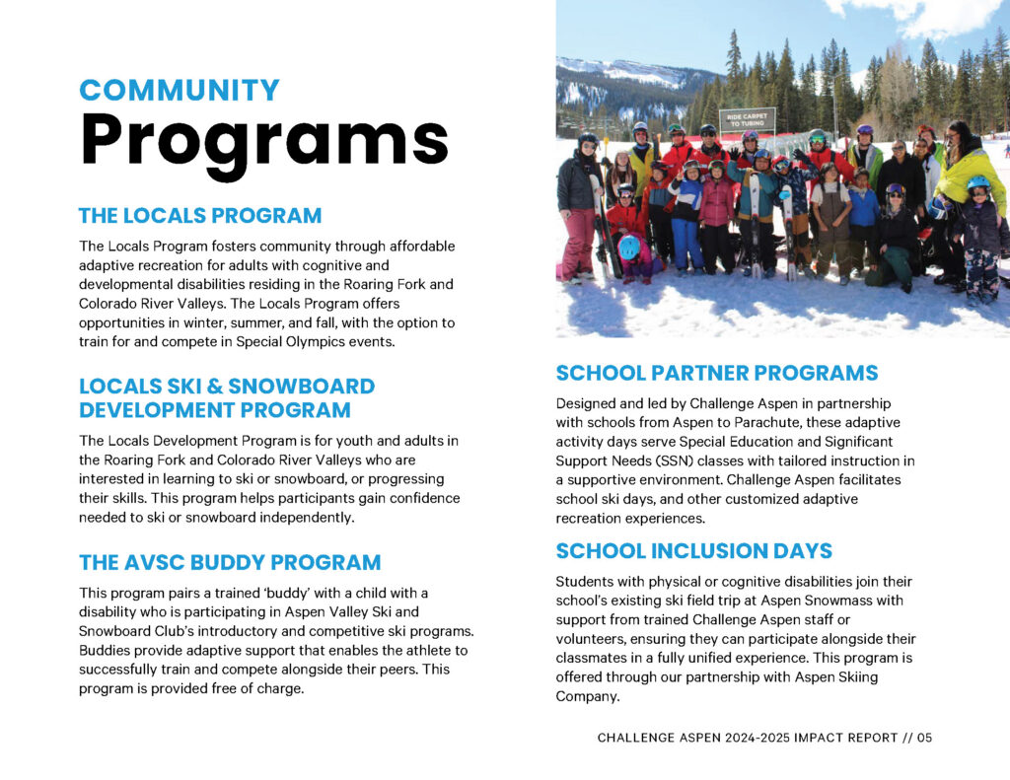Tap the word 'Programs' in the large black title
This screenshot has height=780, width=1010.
pos(264,140)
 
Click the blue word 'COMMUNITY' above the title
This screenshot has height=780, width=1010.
pos(180,90)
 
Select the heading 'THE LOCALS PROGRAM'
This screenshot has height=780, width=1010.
pos(200,215)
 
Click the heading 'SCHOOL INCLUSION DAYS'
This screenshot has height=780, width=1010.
pos(693,550)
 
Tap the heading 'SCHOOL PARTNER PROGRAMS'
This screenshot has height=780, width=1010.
pos(716,373)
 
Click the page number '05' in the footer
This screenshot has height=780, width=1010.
pos(923,738)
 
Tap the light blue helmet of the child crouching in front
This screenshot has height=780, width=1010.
pos(628,246)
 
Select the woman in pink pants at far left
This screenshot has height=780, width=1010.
pos(578,212)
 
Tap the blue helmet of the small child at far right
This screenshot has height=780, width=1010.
pos(977,183)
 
